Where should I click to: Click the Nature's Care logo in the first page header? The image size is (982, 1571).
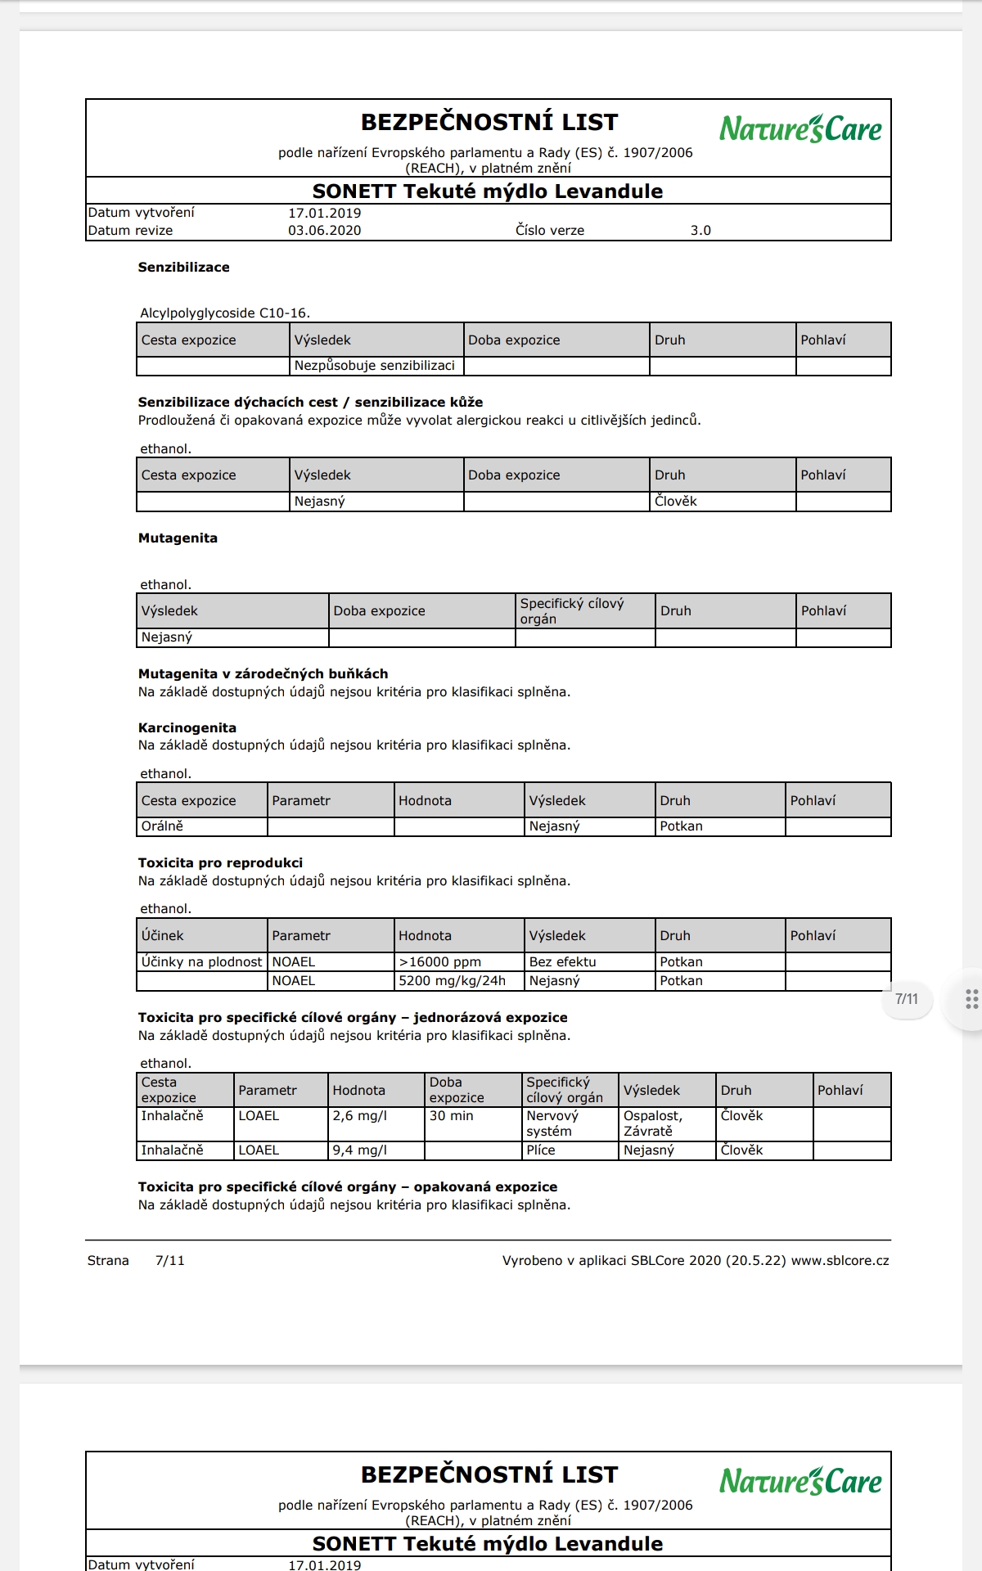800,128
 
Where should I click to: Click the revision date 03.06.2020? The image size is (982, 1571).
324,230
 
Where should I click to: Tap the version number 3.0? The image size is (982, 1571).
700,230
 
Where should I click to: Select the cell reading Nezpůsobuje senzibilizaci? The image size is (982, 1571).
375,366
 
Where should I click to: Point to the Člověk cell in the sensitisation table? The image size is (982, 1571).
676,501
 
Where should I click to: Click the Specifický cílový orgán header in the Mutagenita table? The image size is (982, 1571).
572,610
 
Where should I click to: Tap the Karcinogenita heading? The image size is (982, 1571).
187,727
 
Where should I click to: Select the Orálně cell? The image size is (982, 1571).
162,826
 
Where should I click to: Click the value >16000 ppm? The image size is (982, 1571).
439,961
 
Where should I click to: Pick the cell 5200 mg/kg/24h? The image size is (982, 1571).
452,980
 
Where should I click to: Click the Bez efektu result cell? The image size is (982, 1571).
562,961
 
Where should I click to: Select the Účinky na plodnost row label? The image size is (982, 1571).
201,961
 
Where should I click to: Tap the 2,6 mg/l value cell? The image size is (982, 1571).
360,1115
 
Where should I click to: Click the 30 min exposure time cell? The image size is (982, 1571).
452,1115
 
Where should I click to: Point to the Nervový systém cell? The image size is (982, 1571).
552,1123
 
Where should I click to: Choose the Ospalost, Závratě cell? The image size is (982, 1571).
652,1123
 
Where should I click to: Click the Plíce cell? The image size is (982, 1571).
541,1150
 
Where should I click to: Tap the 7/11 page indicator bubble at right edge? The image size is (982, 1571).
907,998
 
